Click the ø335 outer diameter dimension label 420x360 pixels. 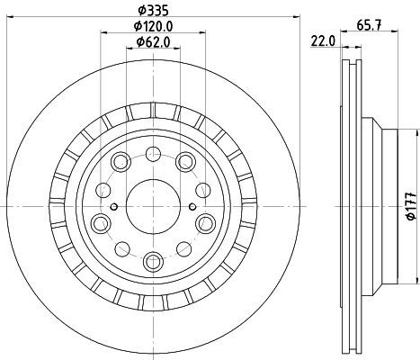pyautogui.click(x=153, y=11)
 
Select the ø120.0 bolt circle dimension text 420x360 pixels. pyautogui.click(x=153, y=26)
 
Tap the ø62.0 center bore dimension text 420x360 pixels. pyautogui.click(x=153, y=41)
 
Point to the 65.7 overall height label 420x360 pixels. pyautogui.click(x=369, y=25)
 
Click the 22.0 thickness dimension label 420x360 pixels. pyautogui.click(x=323, y=40)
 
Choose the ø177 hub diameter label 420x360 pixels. pyautogui.click(x=412, y=206)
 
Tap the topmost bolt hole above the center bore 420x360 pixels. pyautogui.click(x=153, y=154)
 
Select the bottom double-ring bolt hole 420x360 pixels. pyautogui.click(x=153, y=261)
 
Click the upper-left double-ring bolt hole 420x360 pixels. pyautogui.click(x=121, y=162)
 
